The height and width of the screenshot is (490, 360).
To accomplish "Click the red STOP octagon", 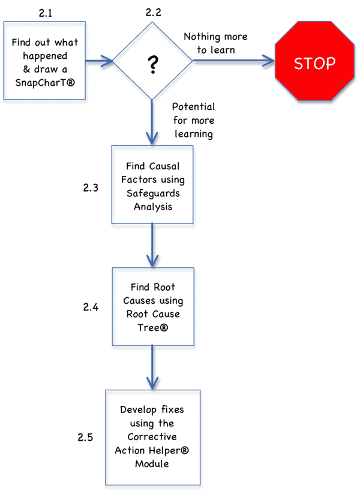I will [314, 63].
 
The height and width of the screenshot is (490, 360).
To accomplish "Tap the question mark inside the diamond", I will [154, 64].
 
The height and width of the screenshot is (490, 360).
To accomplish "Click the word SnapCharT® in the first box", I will [46, 81].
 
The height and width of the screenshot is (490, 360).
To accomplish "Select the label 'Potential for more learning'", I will [193, 120].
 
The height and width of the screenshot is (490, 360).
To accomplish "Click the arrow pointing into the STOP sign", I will [234, 61].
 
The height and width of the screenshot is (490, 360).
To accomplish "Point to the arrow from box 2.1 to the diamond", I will [99, 61].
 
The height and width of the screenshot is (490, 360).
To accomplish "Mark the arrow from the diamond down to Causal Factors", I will [153, 120].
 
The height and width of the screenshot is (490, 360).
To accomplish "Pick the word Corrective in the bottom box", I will [154, 437].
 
